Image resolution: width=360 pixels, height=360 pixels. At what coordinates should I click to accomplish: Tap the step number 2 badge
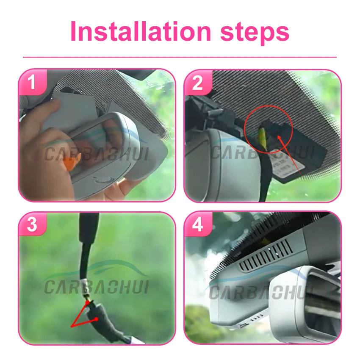coord(197,83)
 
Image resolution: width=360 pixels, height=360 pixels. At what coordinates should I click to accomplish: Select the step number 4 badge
coord(197,225)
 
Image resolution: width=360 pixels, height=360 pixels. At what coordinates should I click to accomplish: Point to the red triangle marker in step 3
coord(85,316)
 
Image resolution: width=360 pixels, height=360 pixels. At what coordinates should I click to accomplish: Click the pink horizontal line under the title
coord(180,57)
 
